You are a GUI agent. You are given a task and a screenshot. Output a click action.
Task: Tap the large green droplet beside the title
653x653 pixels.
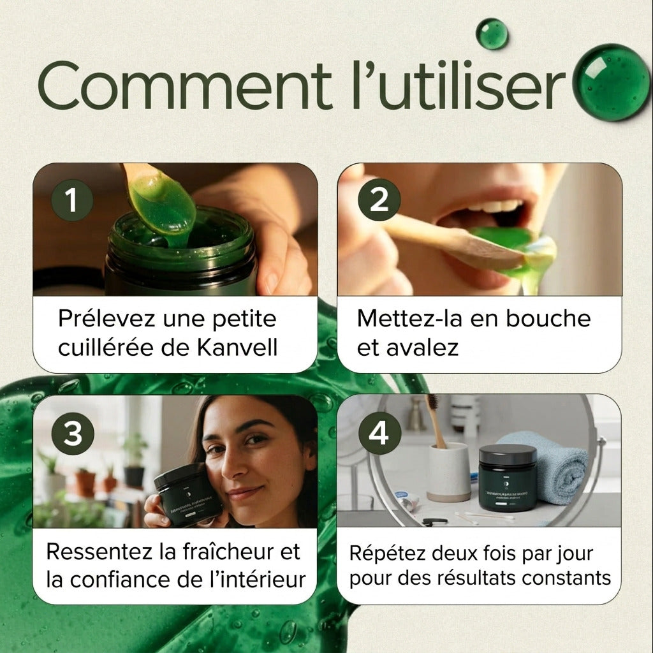612,82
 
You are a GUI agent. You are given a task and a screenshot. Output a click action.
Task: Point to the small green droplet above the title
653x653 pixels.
492,33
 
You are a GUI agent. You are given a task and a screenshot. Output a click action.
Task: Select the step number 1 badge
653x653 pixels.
72,200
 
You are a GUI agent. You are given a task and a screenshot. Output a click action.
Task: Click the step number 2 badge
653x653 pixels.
379,200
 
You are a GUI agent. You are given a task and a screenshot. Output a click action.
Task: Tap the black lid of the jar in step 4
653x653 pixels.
507,454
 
